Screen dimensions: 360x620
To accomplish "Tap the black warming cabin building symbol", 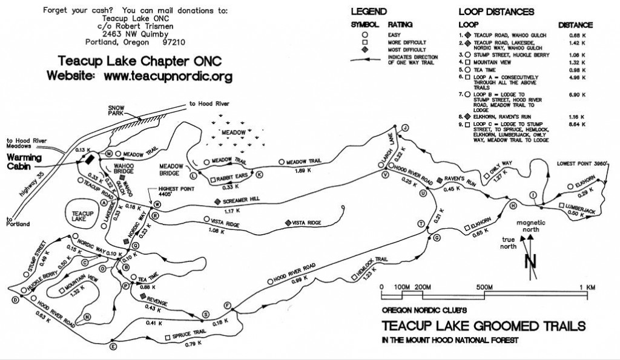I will (x=89, y=160).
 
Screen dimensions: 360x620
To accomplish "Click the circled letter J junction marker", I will (x=406, y=126).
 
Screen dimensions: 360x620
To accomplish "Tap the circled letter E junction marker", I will (x=113, y=346).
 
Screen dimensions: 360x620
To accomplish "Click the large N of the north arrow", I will (x=531, y=261).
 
